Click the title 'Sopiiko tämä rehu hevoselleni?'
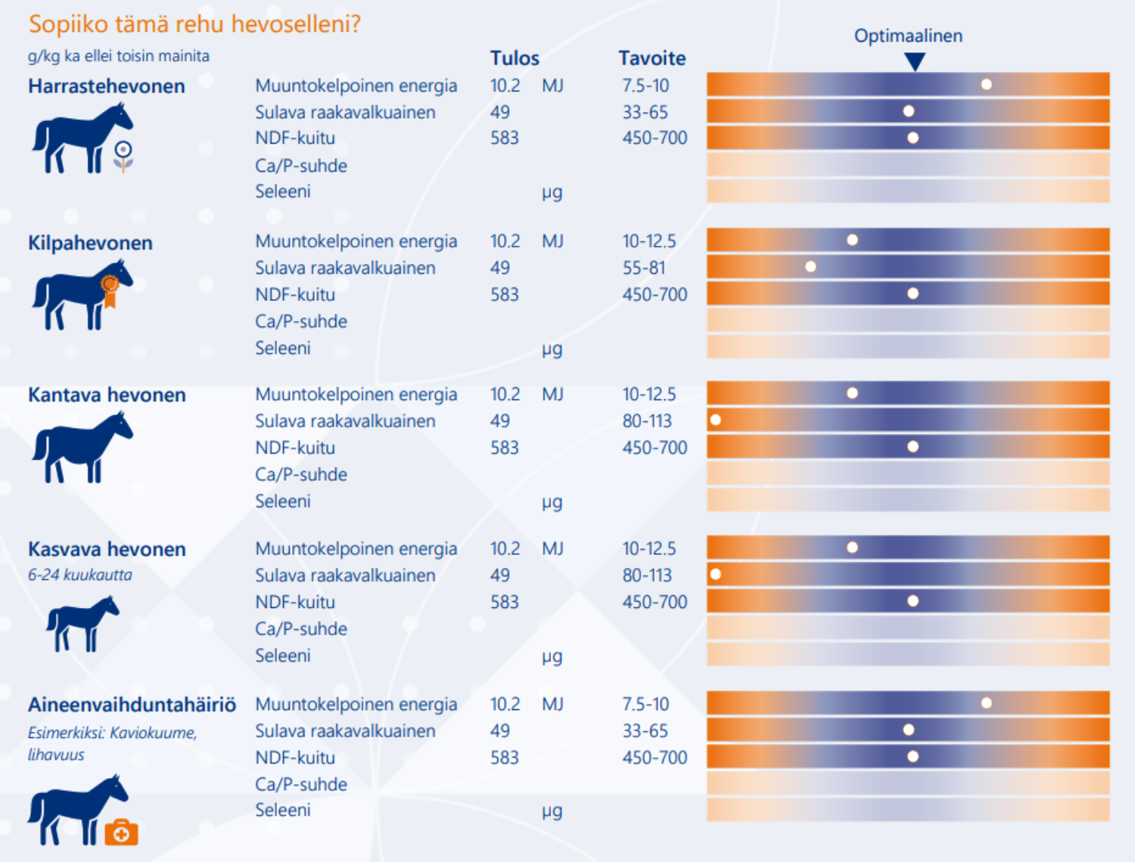click(x=194, y=24)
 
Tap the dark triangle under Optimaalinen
click(x=915, y=61)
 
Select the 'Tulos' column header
click(x=515, y=58)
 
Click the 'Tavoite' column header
click(x=652, y=58)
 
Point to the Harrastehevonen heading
click(x=107, y=86)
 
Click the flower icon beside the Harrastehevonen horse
click(x=123, y=156)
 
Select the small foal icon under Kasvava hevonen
click(x=82, y=623)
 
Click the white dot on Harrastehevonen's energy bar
click(x=987, y=84)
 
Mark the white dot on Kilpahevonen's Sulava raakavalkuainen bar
click(x=810, y=266)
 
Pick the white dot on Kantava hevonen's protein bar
click(x=716, y=420)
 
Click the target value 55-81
click(x=644, y=268)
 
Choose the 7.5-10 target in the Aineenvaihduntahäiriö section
click(x=645, y=704)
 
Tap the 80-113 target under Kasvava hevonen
click(x=647, y=575)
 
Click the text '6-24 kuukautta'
click(x=80, y=575)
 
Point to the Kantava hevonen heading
click(x=107, y=395)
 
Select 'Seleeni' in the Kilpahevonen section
click(x=283, y=348)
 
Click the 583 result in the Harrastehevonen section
click(x=504, y=138)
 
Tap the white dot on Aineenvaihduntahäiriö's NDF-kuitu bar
click(x=913, y=757)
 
